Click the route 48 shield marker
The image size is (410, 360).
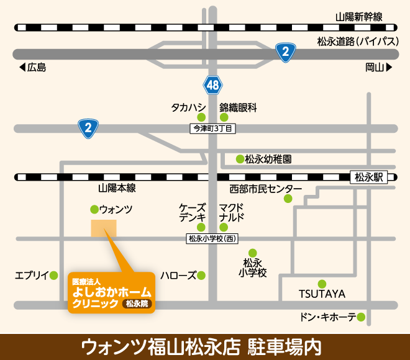(212, 85)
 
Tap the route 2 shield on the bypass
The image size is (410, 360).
(285, 53)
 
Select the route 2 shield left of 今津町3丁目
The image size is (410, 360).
(89, 128)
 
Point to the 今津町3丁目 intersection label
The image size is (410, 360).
(212, 128)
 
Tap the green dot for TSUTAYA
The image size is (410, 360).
(322, 283)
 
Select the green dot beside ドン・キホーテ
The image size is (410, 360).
(361, 317)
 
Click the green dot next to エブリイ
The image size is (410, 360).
(55, 275)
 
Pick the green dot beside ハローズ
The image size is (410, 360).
(201, 275)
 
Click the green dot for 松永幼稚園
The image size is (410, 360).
(239, 159)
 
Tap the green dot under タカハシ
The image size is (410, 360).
(201, 117)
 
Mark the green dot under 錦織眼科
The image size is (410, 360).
(224, 117)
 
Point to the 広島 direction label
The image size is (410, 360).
(32, 68)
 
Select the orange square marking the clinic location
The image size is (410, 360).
(104, 228)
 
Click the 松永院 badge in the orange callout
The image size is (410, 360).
(136, 304)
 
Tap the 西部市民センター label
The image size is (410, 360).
(265, 189)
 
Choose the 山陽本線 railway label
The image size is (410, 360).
(117, 188)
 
